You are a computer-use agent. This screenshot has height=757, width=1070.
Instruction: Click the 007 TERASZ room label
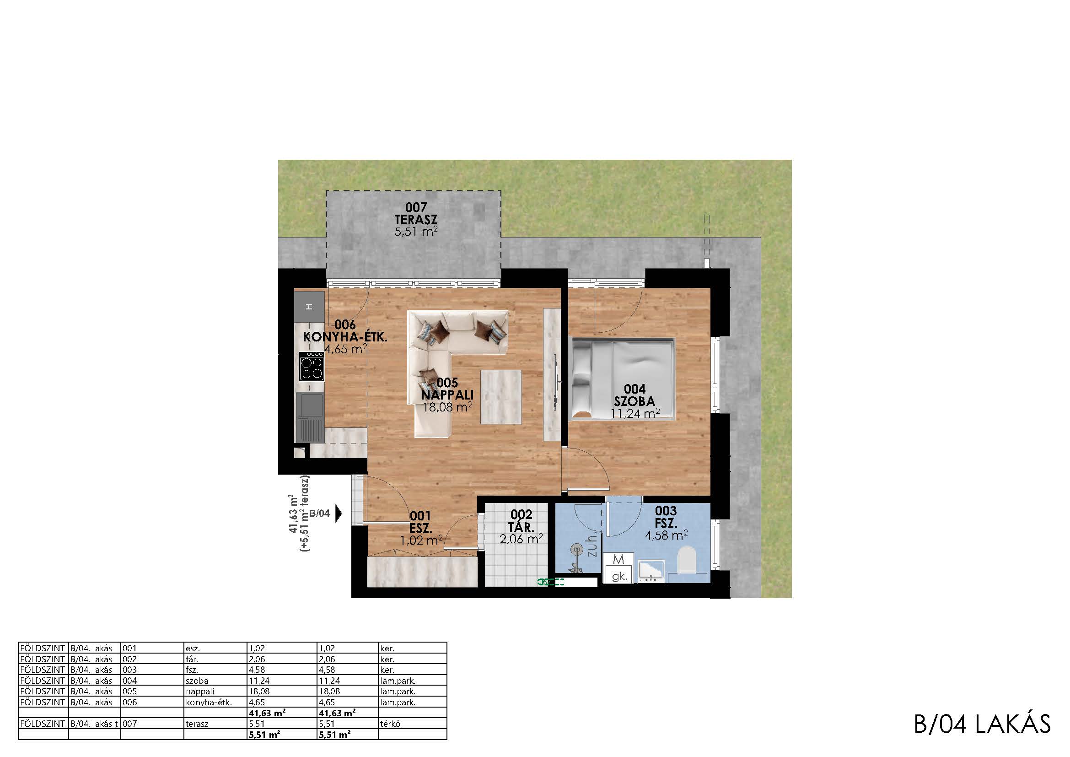tap(416, 213)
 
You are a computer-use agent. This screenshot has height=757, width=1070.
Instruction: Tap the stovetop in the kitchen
tap(312, 367)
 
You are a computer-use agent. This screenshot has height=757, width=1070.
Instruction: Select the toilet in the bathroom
tap(687, 560)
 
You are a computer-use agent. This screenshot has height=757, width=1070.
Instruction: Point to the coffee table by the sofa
tap(501, 396)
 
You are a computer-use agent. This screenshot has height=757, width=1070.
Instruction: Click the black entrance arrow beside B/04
tap(339, 514)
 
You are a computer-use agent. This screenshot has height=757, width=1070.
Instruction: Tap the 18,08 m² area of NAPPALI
tap(447, 407)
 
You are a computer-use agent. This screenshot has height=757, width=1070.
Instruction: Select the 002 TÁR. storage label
tap(522, 521)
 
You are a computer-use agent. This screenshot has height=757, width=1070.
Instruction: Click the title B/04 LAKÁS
tap(982, 724)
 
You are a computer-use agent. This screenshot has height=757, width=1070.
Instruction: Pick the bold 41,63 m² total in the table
tap(267, 713)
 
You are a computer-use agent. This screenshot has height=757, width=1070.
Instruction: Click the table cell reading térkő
tap(391, 724)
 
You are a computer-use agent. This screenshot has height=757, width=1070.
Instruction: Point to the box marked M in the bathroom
tap(618, 559)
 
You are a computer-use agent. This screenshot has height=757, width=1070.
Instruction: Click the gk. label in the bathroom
tap(619, 576)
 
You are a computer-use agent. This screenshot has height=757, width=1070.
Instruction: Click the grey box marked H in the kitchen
tap(309, 307)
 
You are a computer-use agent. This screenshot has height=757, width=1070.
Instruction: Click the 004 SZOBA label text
tap(635, 395)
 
